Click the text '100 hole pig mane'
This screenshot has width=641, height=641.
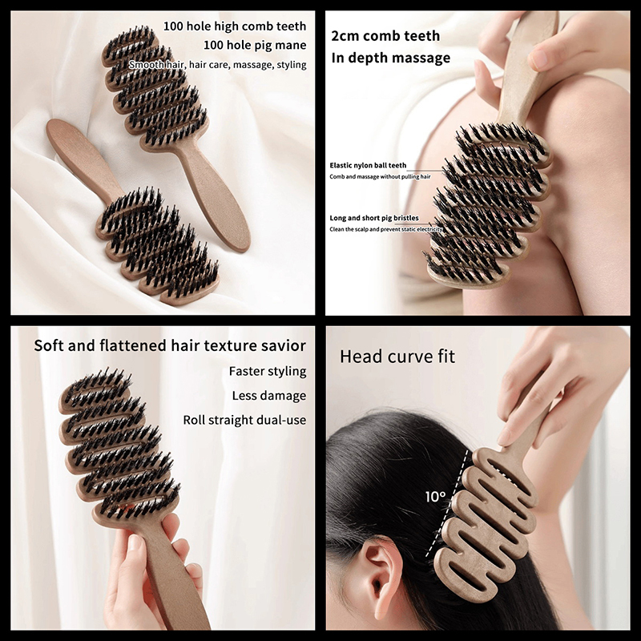pyautogui.click(x=255, y=45)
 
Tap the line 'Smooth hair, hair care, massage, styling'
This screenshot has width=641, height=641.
pyautogui.click(x=217, y=65)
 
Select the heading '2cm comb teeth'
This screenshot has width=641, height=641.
pyautogui.click(x=385, y=36)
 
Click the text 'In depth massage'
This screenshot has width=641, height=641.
pyautogui.click(x=391, y=58)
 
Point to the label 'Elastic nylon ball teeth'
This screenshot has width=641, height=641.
pyautogui.click(x=368, y=165)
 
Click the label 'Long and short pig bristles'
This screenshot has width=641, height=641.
pyautogui.click(x=374, y=218)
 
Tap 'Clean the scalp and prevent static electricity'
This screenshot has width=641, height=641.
pyautogui.click(x=386, y=229)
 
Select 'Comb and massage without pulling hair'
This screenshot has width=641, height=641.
pyautogui.click(x=380, y=176)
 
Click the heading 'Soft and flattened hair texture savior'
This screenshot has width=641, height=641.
pyautogui.click(x=170, y=346)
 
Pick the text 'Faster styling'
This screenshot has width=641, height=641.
pyautogui.click(x=268, y=371)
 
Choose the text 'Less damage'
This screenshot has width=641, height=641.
pyautogui.click(x=269, y=396)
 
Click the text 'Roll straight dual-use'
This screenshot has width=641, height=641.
pyautogui.click(x=244, y=420)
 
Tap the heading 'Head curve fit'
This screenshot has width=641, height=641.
pyautogui.click(x=397, y=357)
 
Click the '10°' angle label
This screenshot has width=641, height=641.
pyautogui.click(x=435, y=497)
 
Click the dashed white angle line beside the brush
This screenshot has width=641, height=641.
pyautogui.click(x=447, y=504)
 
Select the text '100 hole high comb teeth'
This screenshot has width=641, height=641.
pyautogui.click(x=235, y=26)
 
